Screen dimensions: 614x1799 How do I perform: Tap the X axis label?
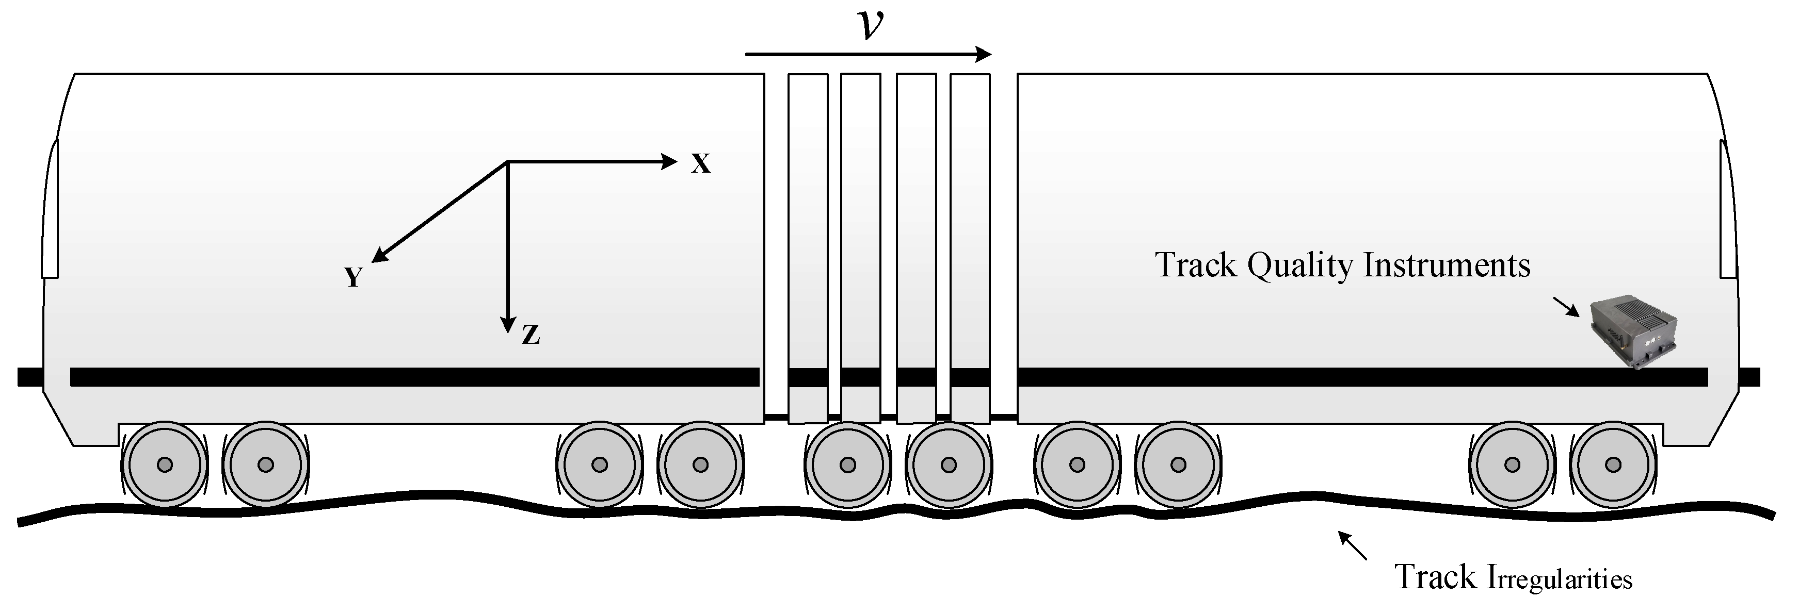tap(700, 164)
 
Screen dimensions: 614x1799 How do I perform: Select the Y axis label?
tap(354, 278)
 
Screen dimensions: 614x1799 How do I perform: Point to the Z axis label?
tap(531, 336)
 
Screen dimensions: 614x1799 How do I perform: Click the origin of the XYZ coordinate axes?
tap(508, 162)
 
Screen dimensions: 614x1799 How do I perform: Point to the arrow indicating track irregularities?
tap(1352, 545)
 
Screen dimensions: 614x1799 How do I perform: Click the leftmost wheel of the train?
tap(165, 464)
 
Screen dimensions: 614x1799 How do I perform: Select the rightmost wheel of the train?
tap(1613, 464)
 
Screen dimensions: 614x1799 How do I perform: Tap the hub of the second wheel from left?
tap(265, 464)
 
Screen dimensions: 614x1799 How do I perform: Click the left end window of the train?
tap(50, 209)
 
